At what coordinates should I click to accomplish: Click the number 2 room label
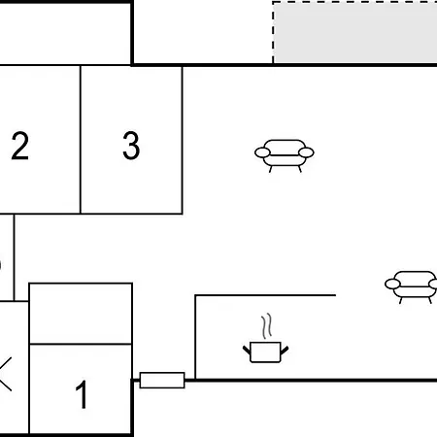click(x=19, y=146)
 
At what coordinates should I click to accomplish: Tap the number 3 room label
click(x=131, y=146)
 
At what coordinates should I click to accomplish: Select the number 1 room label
click(x=82, y=394)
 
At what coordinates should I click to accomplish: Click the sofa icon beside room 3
click(x=285, y=155)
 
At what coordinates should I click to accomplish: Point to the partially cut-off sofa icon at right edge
click(x=411, y=286)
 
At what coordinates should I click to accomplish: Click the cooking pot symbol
click(x=265, y=352)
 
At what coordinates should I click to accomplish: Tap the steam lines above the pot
click(x=266, y=326)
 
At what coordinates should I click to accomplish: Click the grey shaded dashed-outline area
click(x=355, y=33)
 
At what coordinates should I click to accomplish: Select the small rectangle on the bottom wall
click(x=162, y=380)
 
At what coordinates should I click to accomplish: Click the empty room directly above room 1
click(x=81, y=314)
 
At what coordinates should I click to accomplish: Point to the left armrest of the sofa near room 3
click(x=262, y=152)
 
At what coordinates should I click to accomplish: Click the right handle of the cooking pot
click(x=285, y=350)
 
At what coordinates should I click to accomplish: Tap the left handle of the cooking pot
click(x=247, y=350)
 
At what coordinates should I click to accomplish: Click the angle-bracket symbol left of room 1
click(x=6, y=374)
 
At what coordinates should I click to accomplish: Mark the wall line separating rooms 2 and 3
click(x=81, y=140)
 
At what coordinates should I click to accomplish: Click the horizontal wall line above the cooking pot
click(x=265, y=295)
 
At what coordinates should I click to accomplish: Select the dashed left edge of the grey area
click(x=273, y=33)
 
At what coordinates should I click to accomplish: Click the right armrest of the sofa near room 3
click(x=306, y=152)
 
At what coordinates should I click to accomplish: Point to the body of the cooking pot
click(x=265, y=353)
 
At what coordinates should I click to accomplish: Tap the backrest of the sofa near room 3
click(x=285, y=145)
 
